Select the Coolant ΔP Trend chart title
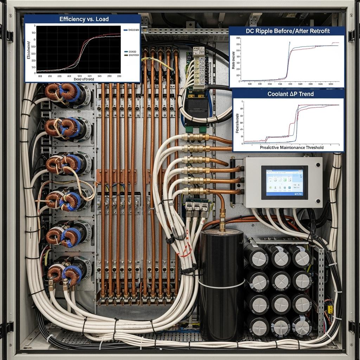point(290,94)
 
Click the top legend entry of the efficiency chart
point(131,30)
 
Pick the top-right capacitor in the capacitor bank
point(302,256)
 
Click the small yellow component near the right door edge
point(330,309)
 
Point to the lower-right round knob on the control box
point(318,202)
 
